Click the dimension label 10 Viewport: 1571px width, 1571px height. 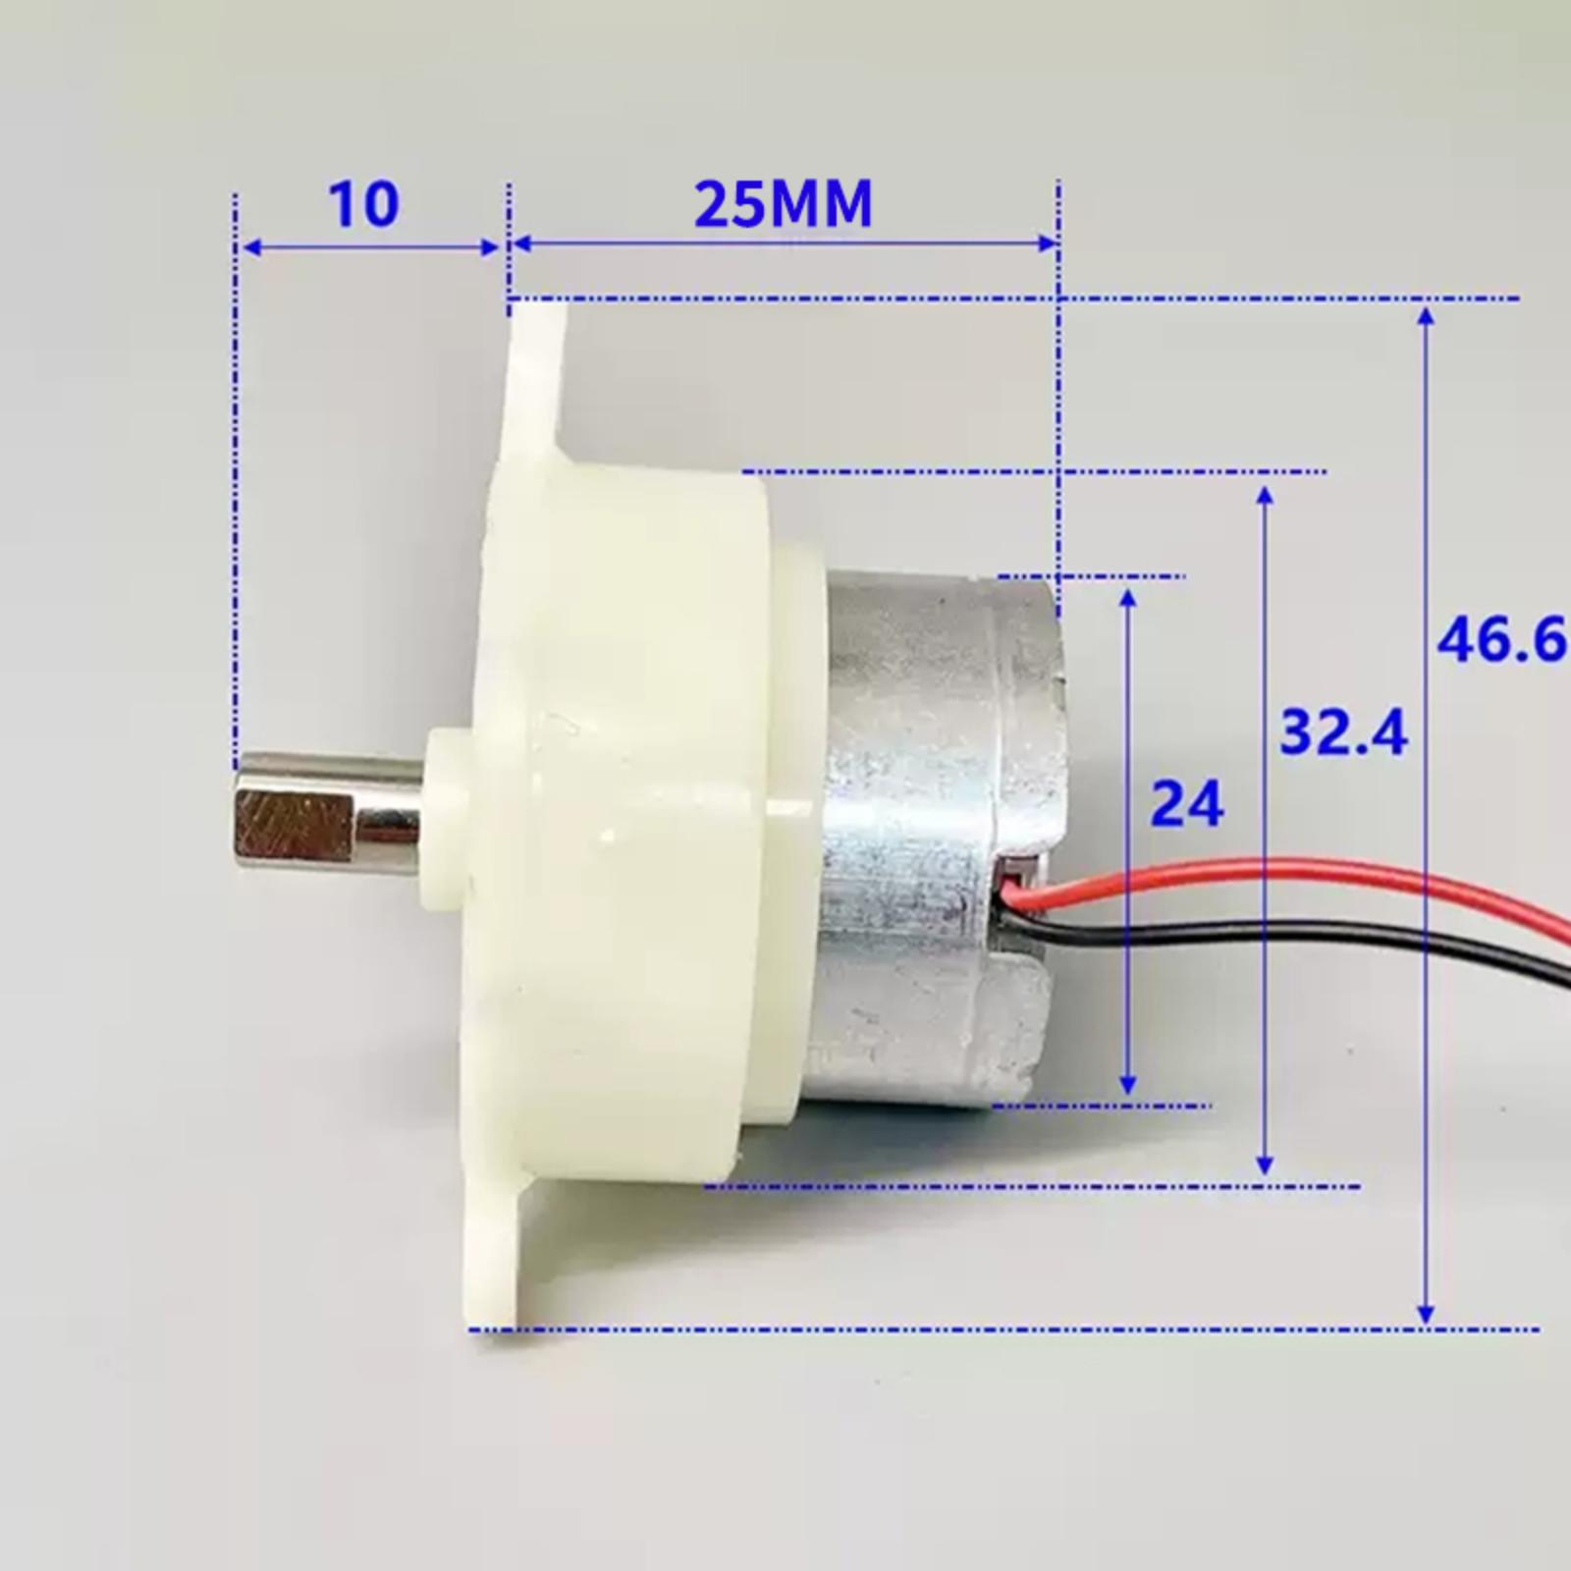click(x=363, y=204)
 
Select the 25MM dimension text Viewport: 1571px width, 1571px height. click(x=784, y=204)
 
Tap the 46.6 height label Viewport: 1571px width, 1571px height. click(x=1502, y=641)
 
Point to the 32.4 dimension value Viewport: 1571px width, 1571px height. click(x=1344, y=732)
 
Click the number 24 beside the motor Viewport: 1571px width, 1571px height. click(x=1188, y=804)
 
